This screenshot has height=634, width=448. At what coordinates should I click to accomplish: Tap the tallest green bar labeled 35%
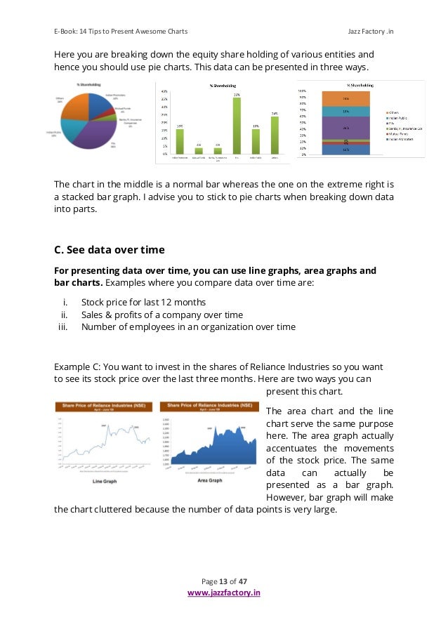coord(237,124)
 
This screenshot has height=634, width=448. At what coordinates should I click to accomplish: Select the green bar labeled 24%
coord(274,134)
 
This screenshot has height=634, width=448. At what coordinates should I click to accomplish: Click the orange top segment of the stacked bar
coord(345,98)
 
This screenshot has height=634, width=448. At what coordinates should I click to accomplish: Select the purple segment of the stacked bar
coord(345,128)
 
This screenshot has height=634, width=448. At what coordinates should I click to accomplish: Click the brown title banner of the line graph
coord(104,407)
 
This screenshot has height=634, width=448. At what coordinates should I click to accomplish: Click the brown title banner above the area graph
coord(208,407)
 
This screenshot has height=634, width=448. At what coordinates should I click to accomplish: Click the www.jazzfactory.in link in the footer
coord(223,593)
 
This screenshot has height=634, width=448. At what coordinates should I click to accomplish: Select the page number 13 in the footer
coord(224,582)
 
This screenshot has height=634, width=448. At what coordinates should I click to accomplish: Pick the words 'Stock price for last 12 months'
coord(143,303)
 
